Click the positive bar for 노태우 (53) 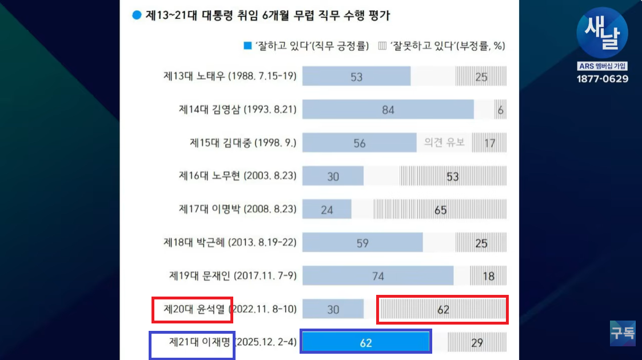[356, 76]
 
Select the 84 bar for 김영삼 [388, 109]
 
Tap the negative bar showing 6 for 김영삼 [501, 109]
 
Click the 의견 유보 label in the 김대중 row [444, 142]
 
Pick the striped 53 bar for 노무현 [453, 176]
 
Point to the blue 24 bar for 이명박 [326, 210]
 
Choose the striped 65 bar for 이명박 [440, 210]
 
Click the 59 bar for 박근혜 [362, 243]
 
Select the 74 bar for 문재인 [378, 276]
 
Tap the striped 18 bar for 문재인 [488, 276]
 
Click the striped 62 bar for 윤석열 [442, 310]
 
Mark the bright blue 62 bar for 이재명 [366, 343]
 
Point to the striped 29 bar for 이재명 [477, 343]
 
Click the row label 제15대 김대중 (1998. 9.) [243, 143]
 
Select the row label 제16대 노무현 [238, 176]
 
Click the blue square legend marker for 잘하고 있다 [248, 46]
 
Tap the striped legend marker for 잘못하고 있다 [382, 46]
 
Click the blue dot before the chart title [137, 15]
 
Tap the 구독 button [622, 333]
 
